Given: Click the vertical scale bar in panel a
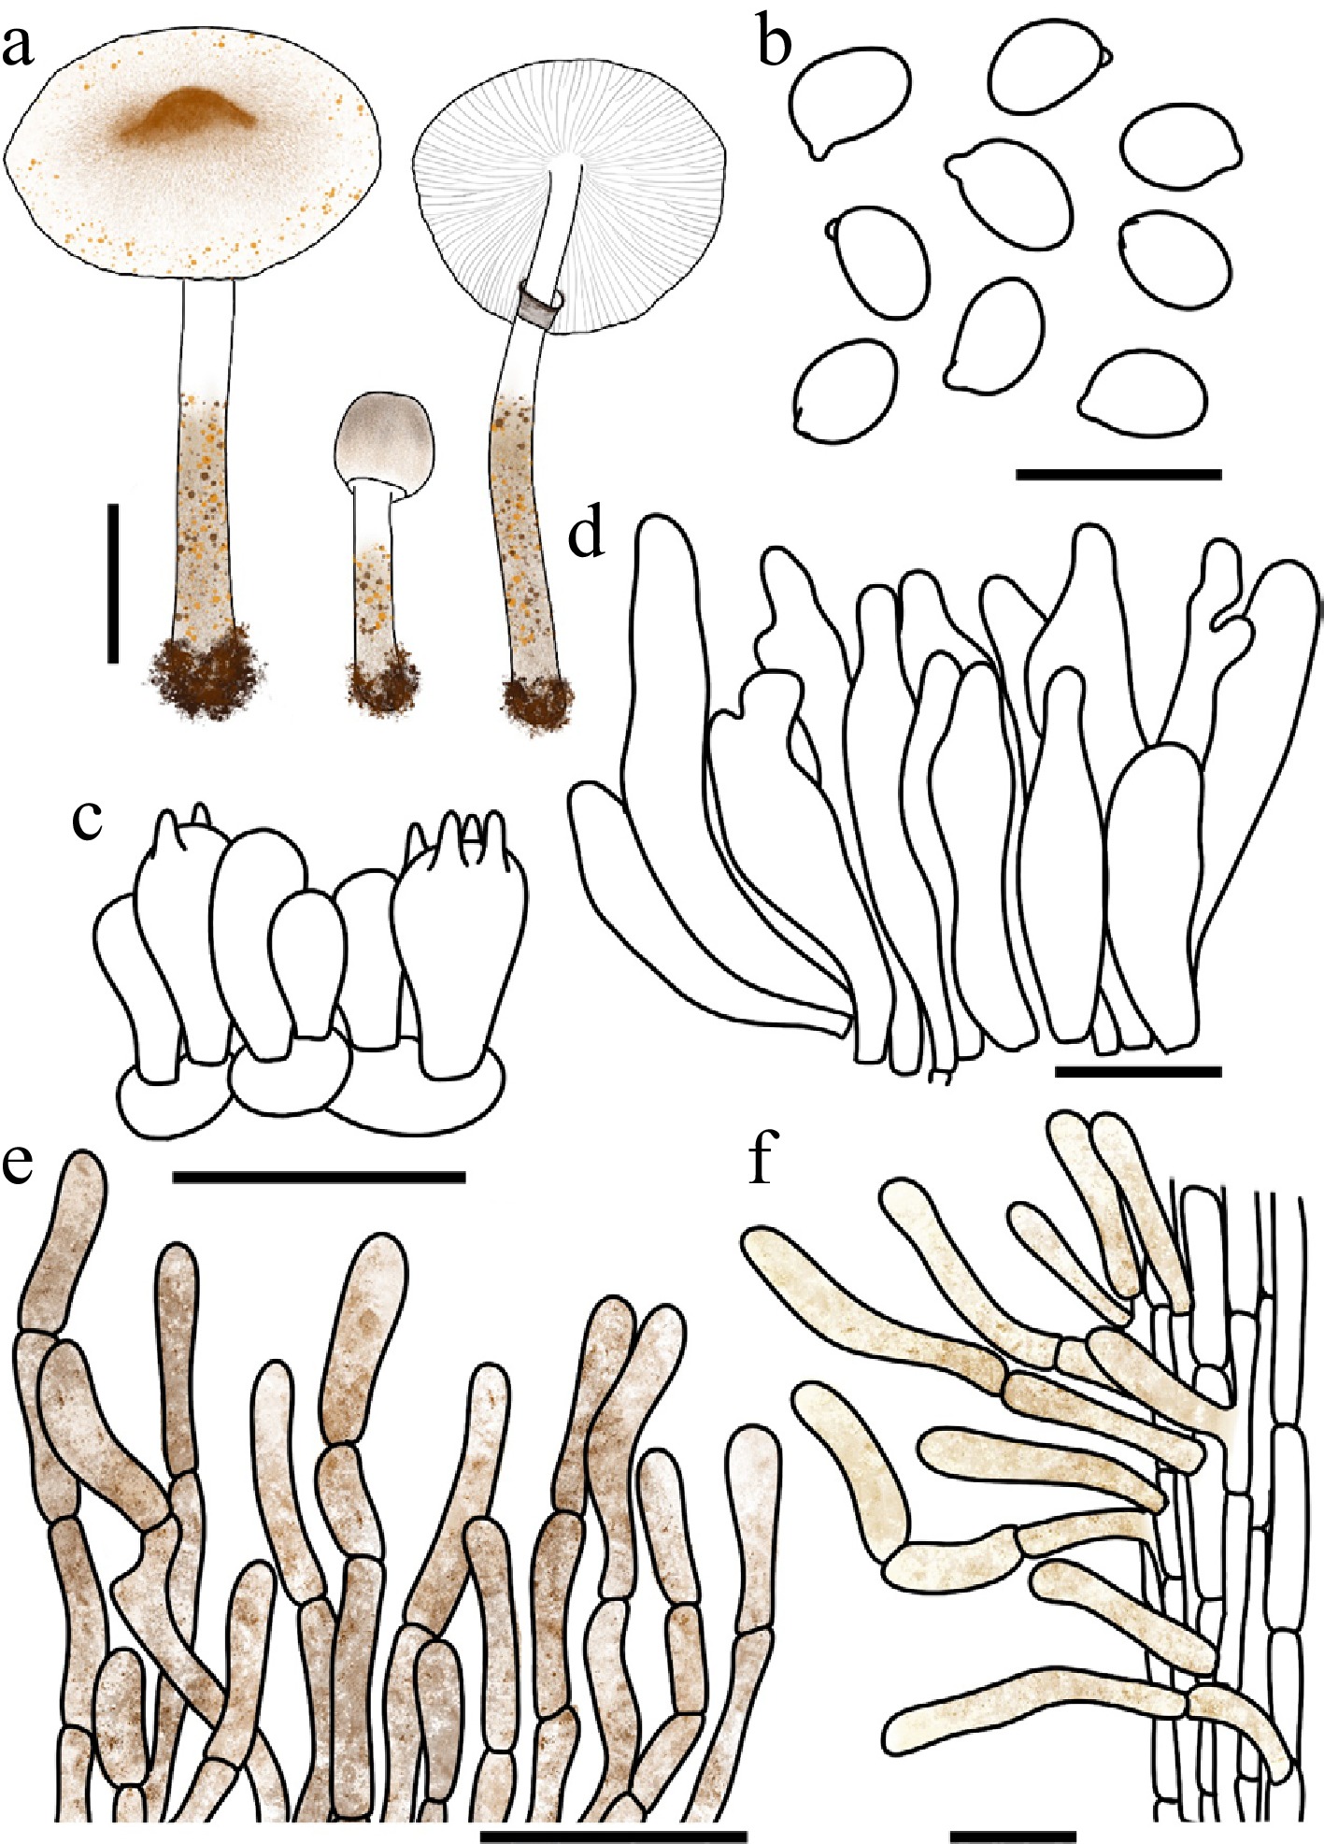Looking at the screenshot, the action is pyautogui.click(x=113, y=583).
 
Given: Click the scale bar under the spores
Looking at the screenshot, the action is pyautogui.click(x=1118, y=474).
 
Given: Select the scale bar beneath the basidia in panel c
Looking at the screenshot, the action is pyautogui.click(x=320, y=1177).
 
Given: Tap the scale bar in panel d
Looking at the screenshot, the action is pyautogui.click(x=1138, y=1071).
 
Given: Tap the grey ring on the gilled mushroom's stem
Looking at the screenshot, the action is pyautogui.click(x=541, y=307).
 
